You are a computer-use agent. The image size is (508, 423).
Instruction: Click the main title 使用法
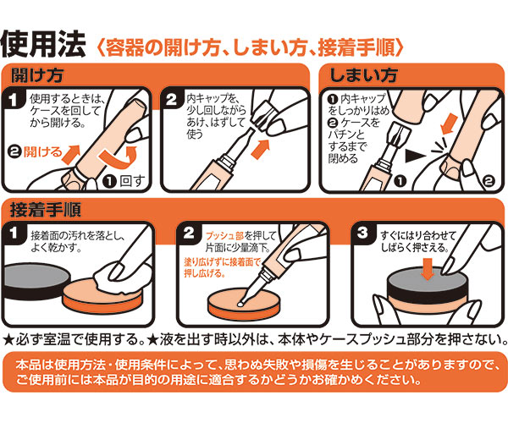tap(43, 44)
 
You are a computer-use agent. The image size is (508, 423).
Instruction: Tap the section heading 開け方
tap(37, 75)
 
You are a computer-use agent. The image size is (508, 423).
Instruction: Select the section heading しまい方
tap(364, 75)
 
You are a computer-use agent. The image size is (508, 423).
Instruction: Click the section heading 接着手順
tap(46, 210)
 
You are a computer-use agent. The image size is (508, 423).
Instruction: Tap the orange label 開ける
tap(42, 151)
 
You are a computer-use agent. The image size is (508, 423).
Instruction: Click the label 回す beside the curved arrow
tap(132, 181)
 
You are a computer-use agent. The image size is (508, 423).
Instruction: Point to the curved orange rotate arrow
tap(119, 157)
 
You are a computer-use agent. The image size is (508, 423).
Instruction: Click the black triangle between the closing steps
tap(416, 156)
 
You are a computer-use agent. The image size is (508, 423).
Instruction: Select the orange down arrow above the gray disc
tap(428, 268)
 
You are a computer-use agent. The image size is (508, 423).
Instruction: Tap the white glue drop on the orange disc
tap(240, 305)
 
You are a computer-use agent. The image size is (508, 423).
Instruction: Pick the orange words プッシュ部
tap(224, 236)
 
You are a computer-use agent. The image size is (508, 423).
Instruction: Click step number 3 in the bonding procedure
tap(362, 233)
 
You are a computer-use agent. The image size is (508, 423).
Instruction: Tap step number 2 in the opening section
tap(171, 99)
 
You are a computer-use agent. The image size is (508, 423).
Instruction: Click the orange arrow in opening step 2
tap(261, 149)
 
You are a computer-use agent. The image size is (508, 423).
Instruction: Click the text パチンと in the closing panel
tap(346, 135)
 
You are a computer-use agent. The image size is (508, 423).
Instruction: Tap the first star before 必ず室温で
tap(8, 340)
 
